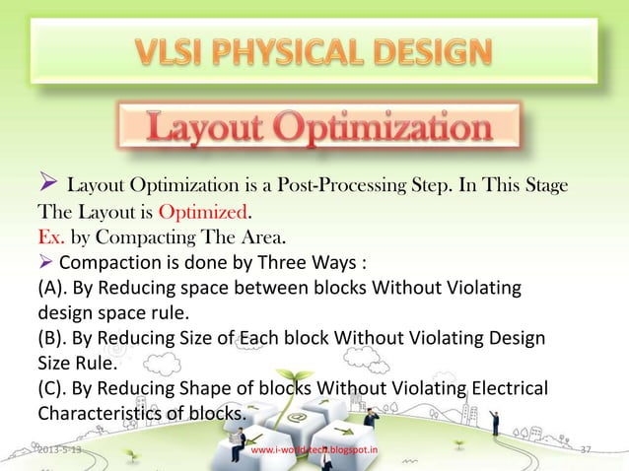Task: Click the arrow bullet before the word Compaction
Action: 45,262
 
